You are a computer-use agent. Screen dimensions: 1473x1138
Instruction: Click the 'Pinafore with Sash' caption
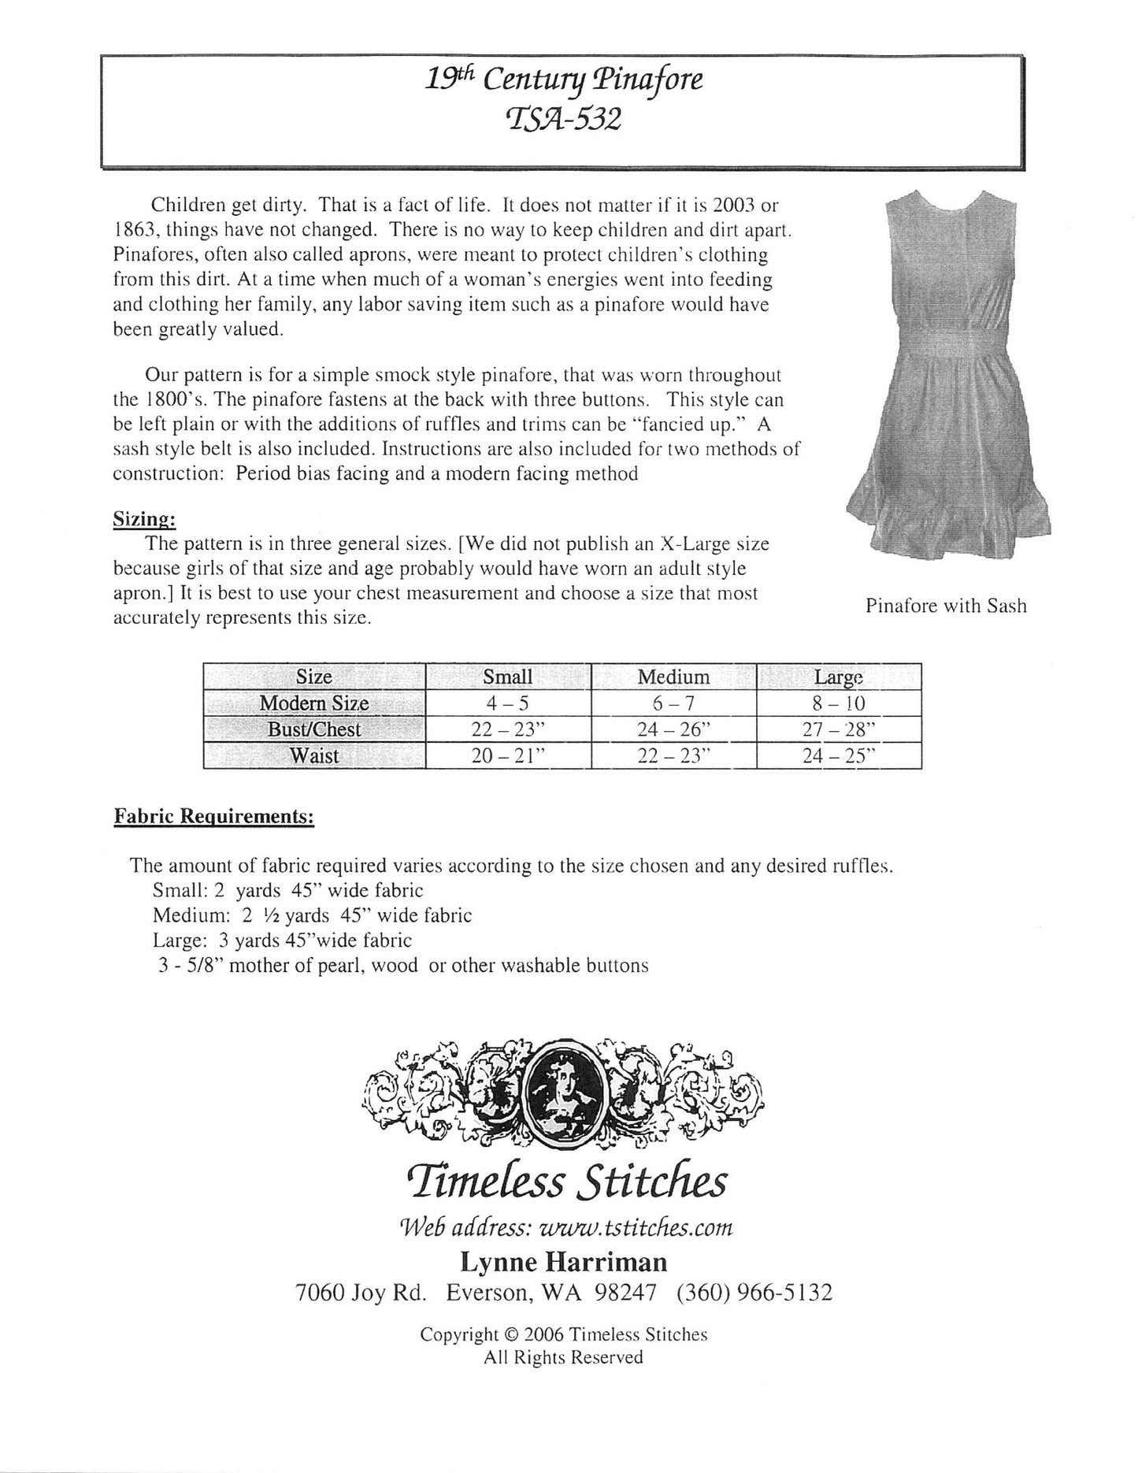pyautogui.click(x=946, y=606)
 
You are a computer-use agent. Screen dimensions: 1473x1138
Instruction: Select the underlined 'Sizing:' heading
pyautogui.click(x=144, y=519)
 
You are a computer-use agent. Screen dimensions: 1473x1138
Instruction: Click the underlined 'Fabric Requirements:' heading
pyautogui.click(x=214, y=817)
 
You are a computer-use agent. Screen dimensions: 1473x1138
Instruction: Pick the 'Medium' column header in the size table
pyautogui.click(x=673, y=677)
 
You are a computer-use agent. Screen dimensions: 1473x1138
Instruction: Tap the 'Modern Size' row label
pyautogui.click(x=314, y=703)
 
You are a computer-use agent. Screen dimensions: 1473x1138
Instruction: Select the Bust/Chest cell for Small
pyautogui.click(x=508, y=729)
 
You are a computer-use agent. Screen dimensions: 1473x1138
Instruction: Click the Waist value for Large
pyautogui.click(x=839, y=756)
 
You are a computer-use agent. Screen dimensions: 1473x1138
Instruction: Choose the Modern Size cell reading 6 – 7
pyautogui.click(x=673, y=703)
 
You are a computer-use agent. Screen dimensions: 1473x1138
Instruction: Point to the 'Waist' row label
pyautogui.click(x=314, y=756)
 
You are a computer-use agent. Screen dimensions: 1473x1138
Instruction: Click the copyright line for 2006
pyautogui.click(x=563, y=1334)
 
